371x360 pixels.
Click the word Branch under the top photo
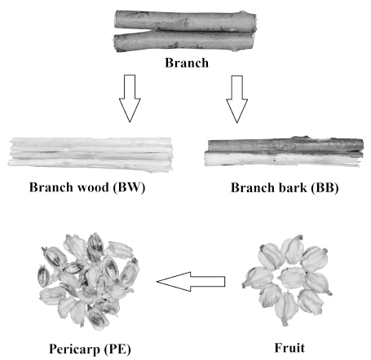(x=187, y=63)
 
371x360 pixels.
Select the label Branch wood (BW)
(x=87, y=187)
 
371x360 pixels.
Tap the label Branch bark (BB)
(x=285, y=188)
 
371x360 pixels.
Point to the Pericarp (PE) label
(x=90, y=349)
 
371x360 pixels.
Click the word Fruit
(x=289, y=348)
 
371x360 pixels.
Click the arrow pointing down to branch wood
(x=130, y=99)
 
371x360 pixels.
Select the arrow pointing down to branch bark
(x=236, y=99)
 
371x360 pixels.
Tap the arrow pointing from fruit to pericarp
(x=191, y=282)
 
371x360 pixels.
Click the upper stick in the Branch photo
(x=185, y=21)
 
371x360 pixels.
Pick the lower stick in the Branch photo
(x=183, y=42)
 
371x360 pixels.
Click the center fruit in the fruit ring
(x=292, y=278)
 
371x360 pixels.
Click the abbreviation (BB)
(x=325, y=188)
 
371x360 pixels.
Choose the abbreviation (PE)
(x=117, y=349)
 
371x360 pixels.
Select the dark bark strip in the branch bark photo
(x=285, y=146)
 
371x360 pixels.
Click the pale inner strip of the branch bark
(x=283, y=159)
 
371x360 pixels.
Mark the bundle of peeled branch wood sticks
(x=91, y=154)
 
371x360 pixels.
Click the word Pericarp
(x=74, y=349)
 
